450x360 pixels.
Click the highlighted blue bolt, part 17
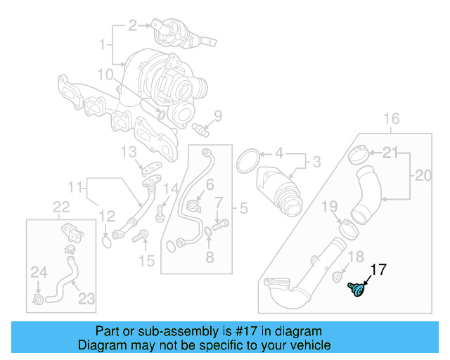tap(358, 288)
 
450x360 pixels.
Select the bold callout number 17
tap(378, 269)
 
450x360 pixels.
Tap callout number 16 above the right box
tap(391, 117)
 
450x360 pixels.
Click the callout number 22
tap(62, 206)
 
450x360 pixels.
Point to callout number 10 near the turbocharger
tap(105, 74)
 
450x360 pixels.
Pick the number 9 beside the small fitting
tap(217, 115)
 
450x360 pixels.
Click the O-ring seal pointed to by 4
tap(247, 161)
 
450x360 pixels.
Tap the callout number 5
tap(244, 208)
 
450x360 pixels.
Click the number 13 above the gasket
tap(127, 152)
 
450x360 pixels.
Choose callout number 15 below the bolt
tap(146, 262)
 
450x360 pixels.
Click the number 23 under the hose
tap(86, 299)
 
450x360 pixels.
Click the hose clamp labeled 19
tap(346, 228)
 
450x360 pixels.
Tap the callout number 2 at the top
tap(131, 27)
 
